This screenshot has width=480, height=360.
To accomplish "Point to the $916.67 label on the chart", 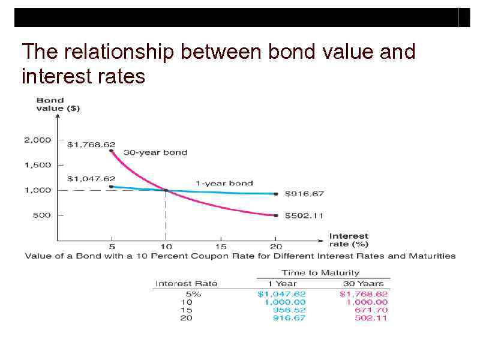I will pos(304,194).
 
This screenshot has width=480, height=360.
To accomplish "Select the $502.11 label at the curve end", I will pos(304,215).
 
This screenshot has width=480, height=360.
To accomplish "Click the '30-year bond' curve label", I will pos(155,152).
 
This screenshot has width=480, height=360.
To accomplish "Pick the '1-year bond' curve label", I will pos(224,183).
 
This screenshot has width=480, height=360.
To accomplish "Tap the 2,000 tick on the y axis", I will pos(37,140).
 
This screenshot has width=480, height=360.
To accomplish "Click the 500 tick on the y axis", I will pos(41,215).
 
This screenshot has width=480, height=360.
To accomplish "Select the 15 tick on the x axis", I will pos(221,246).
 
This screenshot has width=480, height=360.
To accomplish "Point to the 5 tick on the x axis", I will pos(112,246).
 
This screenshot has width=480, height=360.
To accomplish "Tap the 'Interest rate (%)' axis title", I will pos(349,240).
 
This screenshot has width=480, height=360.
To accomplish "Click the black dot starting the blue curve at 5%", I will pos(112,187).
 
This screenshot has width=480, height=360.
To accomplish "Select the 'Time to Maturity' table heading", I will pos(320,273).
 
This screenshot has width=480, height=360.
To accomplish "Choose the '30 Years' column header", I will pos(363,283).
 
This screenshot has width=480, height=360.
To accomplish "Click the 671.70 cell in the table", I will pos(372,310).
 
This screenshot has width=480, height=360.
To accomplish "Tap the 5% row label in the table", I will pos(193,294).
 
